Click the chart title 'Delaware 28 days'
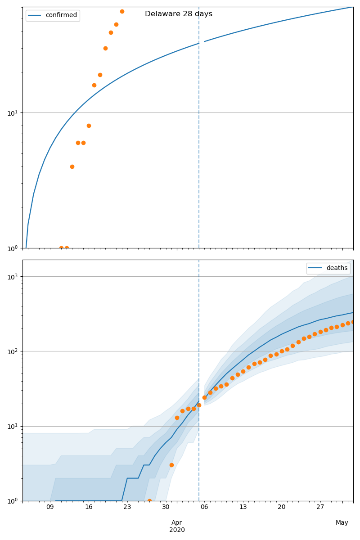point(179,14)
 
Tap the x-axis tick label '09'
point(50,507)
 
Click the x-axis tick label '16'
point(89,507)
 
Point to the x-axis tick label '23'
point(127,507)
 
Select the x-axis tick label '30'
point(166,507)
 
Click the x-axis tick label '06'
point(204,507)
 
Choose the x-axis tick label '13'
point(243,507)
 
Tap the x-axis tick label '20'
point(282,507)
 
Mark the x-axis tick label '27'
point(320,507)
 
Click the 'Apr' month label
point(177,522)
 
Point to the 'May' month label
point(342,522)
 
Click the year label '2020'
point(177,530)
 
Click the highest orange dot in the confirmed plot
point(122,11)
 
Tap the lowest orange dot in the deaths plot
point(149,500)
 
